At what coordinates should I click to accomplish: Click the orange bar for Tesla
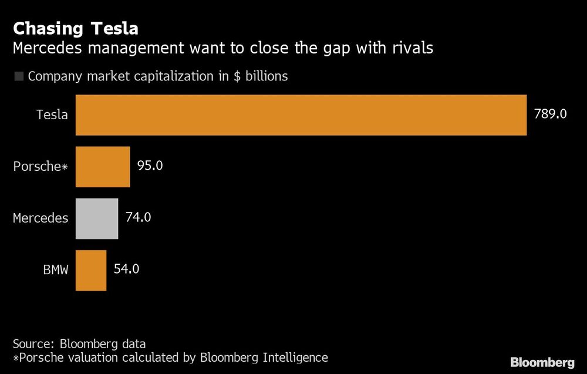point(301,115)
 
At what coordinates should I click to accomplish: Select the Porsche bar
point(103,167)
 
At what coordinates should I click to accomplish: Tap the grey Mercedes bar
point(97,218)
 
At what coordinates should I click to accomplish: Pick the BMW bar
point(91,270)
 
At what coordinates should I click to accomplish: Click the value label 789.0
point(550,114)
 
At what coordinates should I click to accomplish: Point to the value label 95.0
point(150,166)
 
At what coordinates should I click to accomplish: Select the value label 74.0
point(139,217)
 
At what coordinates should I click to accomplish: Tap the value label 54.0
point(127,269)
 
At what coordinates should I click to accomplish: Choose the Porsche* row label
point(41,167)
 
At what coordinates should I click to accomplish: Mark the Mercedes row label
point(41,218)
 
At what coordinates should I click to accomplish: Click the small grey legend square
point(18,76)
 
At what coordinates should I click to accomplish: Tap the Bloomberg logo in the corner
point(542,362)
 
